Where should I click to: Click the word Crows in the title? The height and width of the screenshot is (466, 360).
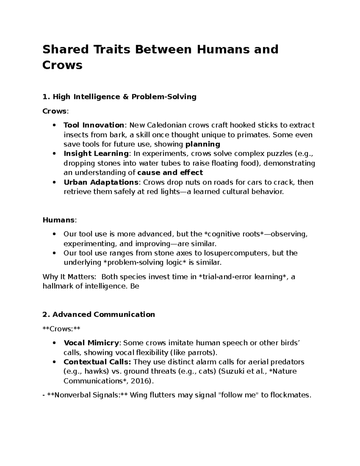click(62, 65)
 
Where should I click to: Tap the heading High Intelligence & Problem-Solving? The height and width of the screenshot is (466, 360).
click(124, 97)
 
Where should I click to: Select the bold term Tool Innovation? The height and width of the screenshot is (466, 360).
click(94, 125)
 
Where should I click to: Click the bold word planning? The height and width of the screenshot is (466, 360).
click(203, 144)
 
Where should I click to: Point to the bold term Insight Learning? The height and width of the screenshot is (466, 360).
click(96, 154)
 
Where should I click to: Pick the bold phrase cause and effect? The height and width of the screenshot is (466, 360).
click(170, 173)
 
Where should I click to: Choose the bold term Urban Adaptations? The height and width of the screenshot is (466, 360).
click(101, 182)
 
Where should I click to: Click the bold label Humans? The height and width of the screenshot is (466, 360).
click(59, 220)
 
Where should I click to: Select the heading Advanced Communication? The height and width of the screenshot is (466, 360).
click(103, 314)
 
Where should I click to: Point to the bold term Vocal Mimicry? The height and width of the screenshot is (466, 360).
click(91, 343)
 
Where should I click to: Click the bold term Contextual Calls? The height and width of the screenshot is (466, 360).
click(97, 362)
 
